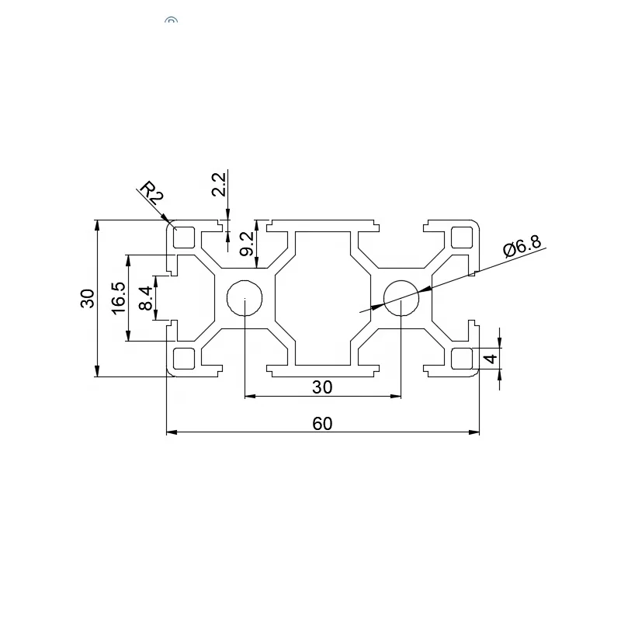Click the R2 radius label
[x=152, y=192]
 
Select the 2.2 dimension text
[x=219, y=186]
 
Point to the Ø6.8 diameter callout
[x=521, y=248]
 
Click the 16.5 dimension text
[x=118, y=297]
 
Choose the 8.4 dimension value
[x=145, y=297]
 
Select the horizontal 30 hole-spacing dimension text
[x=322, y=387]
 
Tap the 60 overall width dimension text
[x=322, y=423]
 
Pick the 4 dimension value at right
[x=490, y=359]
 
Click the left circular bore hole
[x=245, y=297]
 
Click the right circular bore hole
[x=401, y=297]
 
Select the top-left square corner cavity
[x=185, y=237]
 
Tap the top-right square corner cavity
[x=462, y=237]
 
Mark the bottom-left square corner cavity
[x=185, y=359]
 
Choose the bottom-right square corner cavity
[x=462, y=359]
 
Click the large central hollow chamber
[x=323, y=297]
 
